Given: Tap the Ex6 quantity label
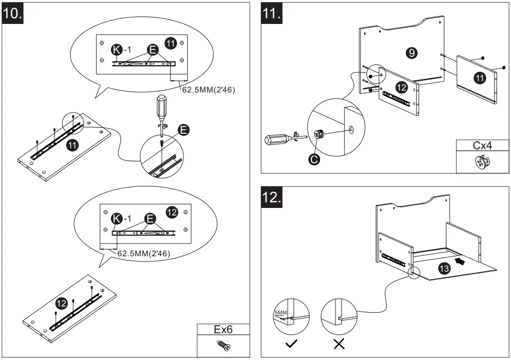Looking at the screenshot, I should [223, 329].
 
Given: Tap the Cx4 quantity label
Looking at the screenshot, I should [482, 145].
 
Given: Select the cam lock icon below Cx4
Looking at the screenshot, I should [482, 162].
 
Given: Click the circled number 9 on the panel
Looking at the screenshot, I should [412, 53].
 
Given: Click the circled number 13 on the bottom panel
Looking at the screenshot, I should [444, 268].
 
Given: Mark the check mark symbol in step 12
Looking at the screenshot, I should [291, 345].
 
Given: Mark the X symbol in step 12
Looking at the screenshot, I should [339, 345].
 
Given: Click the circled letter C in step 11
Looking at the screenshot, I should [314, 160].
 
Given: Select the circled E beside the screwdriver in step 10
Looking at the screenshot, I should [184, 130].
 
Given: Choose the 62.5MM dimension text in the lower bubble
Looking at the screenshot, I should [143, 253].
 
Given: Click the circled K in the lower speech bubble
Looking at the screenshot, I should [116, 219].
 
